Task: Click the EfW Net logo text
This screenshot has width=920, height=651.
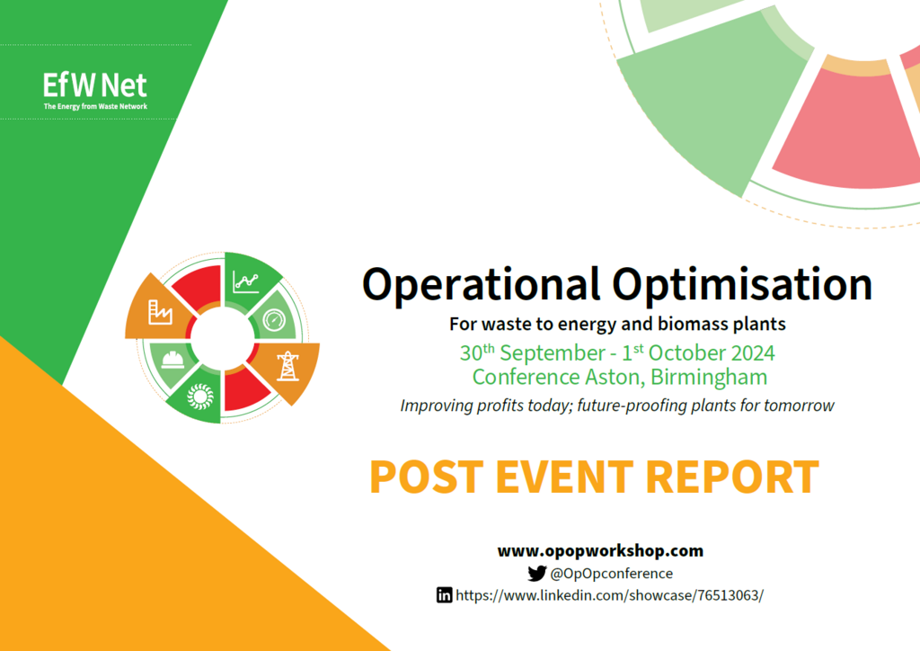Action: pos(95,85)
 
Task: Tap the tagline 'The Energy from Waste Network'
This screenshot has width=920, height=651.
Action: pos(95,106)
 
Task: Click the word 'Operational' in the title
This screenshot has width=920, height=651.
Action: pos(482,286)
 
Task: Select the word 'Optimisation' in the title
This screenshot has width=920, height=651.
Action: pos(742,286)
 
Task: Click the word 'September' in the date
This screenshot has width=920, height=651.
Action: pos(553,352)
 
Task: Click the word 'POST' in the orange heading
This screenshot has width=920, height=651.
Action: pos(427,477)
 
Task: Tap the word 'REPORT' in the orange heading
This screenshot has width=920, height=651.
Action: pos(732,477)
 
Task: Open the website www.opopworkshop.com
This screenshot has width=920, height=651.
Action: pos(600,550)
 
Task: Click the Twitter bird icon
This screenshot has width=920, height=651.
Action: pos(537,573)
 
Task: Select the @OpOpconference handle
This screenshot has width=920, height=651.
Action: pos(611,573)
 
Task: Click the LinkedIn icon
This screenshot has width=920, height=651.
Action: pos(444,594)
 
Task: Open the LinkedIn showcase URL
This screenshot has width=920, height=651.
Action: pos(610,595)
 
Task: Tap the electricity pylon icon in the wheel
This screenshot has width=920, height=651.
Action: pos(287,366)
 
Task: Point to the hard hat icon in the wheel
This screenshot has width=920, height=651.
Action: pos(173,359)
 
